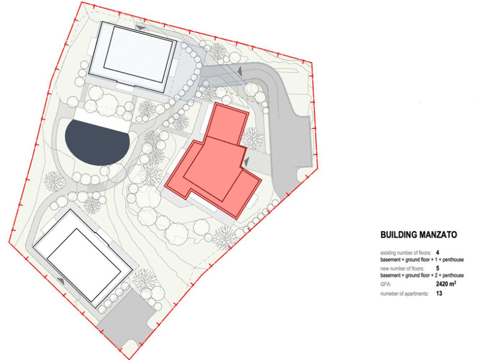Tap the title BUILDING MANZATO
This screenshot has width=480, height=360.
click(x=418, y=235)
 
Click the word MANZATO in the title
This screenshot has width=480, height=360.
click(x=438, y=235)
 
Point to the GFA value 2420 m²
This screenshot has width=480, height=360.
click(x=446, y=284)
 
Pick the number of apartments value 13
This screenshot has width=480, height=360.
click(x=439, y=293)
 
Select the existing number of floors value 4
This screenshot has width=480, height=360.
click(x=437, y=253)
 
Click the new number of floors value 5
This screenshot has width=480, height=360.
click(x=437, y=268)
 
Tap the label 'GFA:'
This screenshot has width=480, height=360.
click(x=386, y=284)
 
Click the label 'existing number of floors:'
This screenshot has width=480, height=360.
click(x=406, y=253)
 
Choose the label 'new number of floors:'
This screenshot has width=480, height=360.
click(x=402, y=268)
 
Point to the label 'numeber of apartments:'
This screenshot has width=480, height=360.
click(x=404, y=293)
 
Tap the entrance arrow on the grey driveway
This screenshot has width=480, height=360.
click(x=239, y=71)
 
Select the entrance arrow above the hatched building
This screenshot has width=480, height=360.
click(x=141, y=28)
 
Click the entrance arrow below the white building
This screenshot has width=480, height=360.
click(x=61, y=281)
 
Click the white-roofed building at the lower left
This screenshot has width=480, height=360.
click(x=83, y=259)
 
